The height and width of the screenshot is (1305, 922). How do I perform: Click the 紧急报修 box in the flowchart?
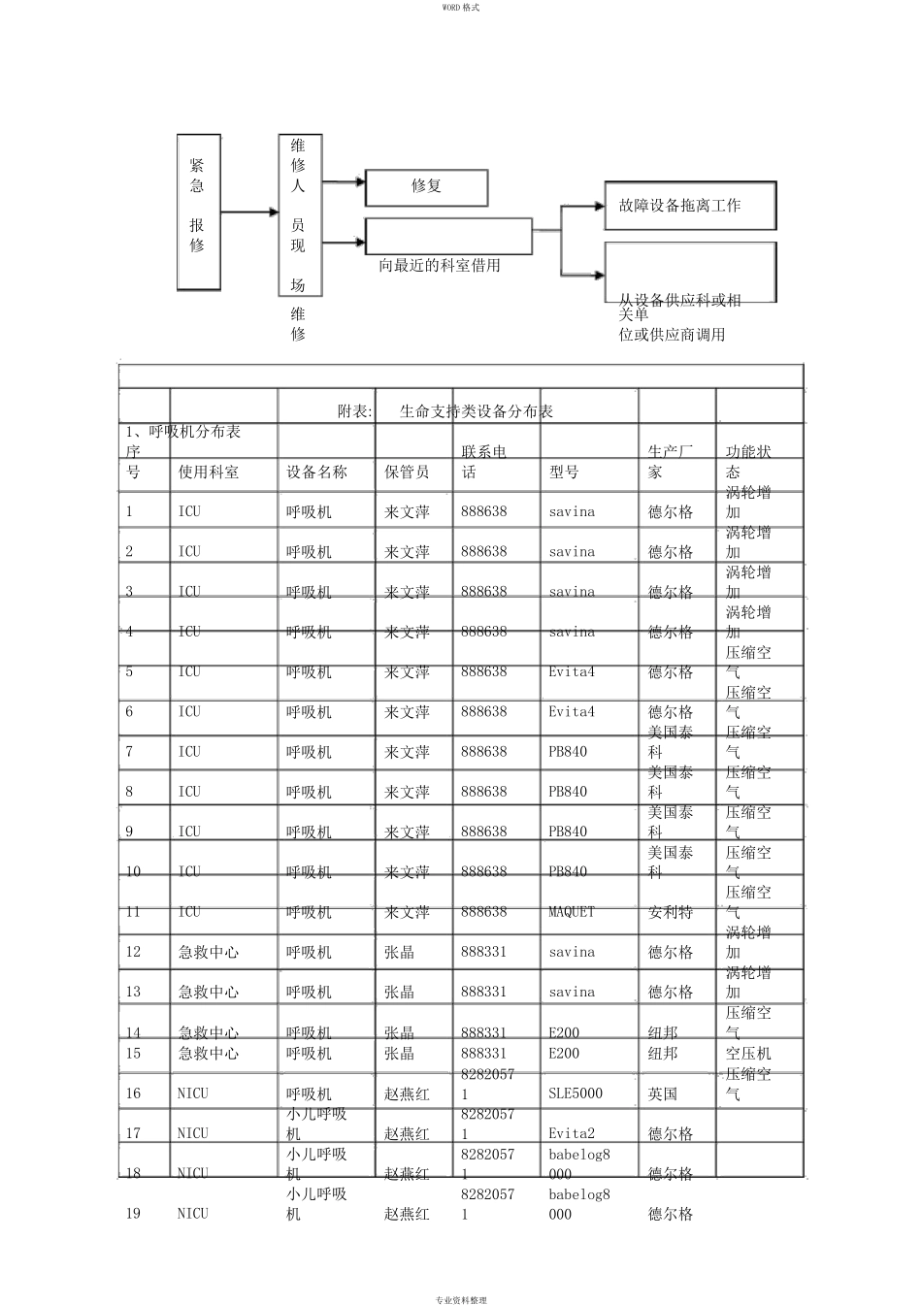click(198, 212)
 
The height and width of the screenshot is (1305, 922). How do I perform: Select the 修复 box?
click(426, 186)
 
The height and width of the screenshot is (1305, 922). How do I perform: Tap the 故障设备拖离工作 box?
click(689, 206)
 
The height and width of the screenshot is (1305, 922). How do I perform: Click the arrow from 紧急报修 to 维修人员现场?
click(248, 212)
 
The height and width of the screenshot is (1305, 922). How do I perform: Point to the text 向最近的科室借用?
click(440, 265)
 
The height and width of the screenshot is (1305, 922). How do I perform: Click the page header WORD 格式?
click(461, 7)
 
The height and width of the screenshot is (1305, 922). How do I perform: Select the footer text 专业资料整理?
click(461, 1299)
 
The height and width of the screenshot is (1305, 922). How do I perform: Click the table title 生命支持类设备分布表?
click(477, 411)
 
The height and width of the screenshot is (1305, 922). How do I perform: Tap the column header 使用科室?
click(209, 473)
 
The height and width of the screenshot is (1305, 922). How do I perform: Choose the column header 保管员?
click(407, 473)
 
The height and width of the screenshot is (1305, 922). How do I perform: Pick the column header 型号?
click(564, 473)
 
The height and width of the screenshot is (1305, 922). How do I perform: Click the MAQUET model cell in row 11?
click(572, 912)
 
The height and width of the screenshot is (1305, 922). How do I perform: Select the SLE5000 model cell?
click(576, 1093)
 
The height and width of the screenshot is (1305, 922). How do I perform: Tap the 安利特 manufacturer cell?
click(671, 912)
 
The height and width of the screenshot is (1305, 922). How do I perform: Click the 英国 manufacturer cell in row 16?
click(663, 1093)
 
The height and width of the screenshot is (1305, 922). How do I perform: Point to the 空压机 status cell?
click(748, 1053)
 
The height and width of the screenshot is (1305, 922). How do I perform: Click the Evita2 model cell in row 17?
click(572, 1133)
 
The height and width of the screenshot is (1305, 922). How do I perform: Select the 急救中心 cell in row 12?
click(209, 952)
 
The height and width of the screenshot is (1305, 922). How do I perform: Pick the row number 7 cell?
click(129, 752)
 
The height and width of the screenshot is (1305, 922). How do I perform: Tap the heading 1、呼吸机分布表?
click(183, 431)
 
